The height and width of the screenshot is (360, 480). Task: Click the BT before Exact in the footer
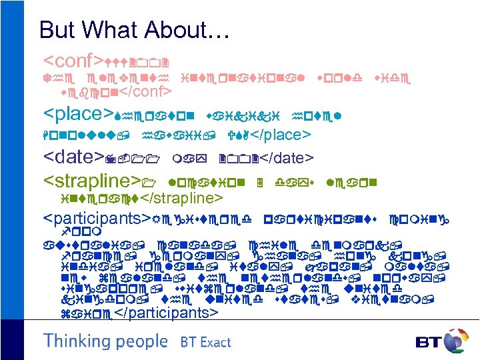click(x=189, y=343)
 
